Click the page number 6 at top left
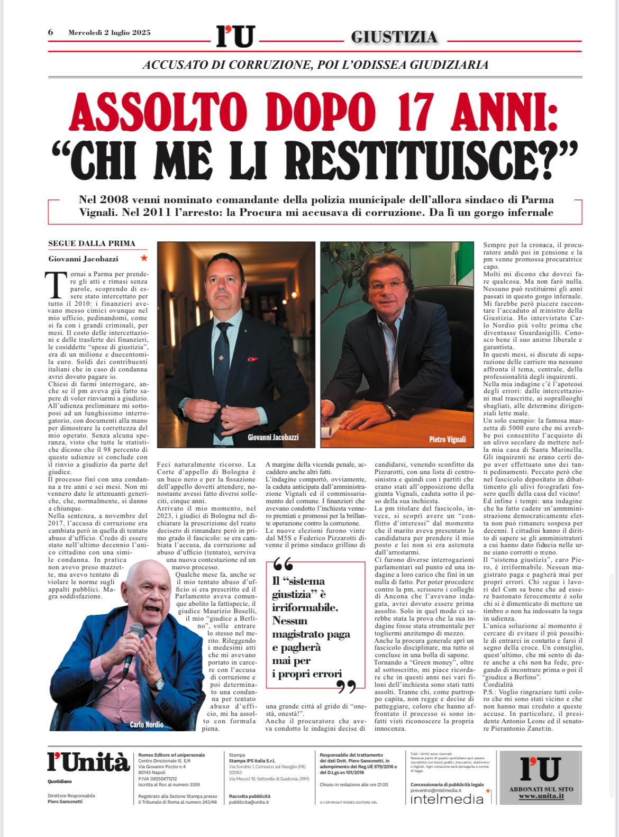(x=51, y=32)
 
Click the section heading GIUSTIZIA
(x=394, y=37)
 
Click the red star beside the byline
(x=144, y=258)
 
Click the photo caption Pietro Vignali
(x=448, y=440)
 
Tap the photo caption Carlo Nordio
(x=147, y=724)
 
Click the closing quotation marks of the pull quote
(x=347, y=687)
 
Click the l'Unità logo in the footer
(x=88, y=762)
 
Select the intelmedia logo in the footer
(x=447, y=799)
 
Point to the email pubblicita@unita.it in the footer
(x=249, y=802)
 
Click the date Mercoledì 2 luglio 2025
(x=110, y=32)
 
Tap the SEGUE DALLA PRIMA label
(x=91, y=243)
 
